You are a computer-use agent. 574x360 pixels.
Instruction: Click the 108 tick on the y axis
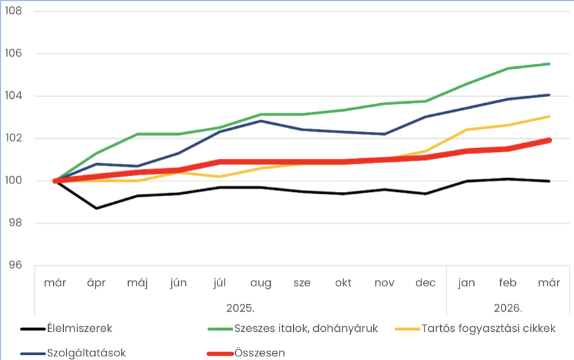pos(13,11)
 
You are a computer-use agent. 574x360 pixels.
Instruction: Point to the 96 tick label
pos(13,265)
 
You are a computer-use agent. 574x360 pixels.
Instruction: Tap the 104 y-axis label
pos(13,96)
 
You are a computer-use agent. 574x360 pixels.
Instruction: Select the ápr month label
pos(96,282)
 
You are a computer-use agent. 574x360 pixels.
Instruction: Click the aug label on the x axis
pos(261,283)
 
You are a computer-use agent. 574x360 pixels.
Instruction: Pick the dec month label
pos(425,282)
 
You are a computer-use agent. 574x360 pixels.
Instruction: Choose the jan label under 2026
pos(466,282)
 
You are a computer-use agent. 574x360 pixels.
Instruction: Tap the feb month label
pos(508,282)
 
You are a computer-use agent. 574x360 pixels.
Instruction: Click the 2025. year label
pos(240,308)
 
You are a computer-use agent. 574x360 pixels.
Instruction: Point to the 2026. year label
pos(508,308)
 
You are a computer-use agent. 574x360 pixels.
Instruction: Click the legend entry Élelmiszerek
pos(79,328)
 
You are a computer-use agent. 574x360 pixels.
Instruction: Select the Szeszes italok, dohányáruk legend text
pos(306,328)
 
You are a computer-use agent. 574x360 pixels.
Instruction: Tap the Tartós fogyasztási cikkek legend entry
pos(488,328)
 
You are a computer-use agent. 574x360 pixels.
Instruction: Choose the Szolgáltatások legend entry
pos(86,352)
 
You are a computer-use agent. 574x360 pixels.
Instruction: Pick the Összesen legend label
pos(259,352)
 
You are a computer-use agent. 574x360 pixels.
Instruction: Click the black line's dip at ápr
pos(96,208)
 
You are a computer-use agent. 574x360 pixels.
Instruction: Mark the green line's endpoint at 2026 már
pos(549,64)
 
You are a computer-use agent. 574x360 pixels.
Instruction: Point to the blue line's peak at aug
pos(261,121)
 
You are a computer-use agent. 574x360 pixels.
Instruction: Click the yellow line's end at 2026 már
pos(549,116)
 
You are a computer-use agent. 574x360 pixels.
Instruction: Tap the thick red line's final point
pos(549,140)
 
